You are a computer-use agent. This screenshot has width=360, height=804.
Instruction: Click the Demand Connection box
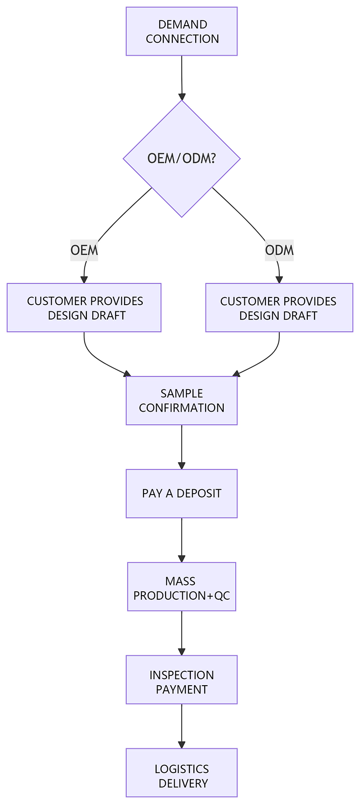(181, 31)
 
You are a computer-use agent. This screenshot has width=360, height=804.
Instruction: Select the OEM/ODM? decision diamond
(181, 158)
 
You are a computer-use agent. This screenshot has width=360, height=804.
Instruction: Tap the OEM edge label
(84, 250)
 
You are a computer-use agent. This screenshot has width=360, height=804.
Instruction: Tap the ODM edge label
(279, 250)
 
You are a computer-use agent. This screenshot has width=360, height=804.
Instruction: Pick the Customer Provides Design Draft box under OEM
(84, 308)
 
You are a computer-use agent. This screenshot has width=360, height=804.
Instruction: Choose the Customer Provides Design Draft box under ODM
(279, 308)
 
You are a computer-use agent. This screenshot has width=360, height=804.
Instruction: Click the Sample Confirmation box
(181, 400)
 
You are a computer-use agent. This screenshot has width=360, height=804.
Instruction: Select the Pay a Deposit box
(181, 494)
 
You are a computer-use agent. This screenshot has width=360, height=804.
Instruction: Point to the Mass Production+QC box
(181, 587)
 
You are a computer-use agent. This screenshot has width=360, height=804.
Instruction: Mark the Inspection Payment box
(181, 679)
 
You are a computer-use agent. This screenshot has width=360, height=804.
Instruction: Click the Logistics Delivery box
(181, 773)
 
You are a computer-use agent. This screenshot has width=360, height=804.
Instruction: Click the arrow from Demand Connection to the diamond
(181, 76)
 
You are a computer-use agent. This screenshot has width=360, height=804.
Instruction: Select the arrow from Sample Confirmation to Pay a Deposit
(181, 446)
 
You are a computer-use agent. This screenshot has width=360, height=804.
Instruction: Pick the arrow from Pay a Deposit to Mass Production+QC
(181, 539)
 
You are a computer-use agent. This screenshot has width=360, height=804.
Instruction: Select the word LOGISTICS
(181, 769)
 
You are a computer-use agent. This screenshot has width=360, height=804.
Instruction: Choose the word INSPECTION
(181, 675)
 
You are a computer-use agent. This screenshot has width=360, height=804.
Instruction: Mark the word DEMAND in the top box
(182, 24)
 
